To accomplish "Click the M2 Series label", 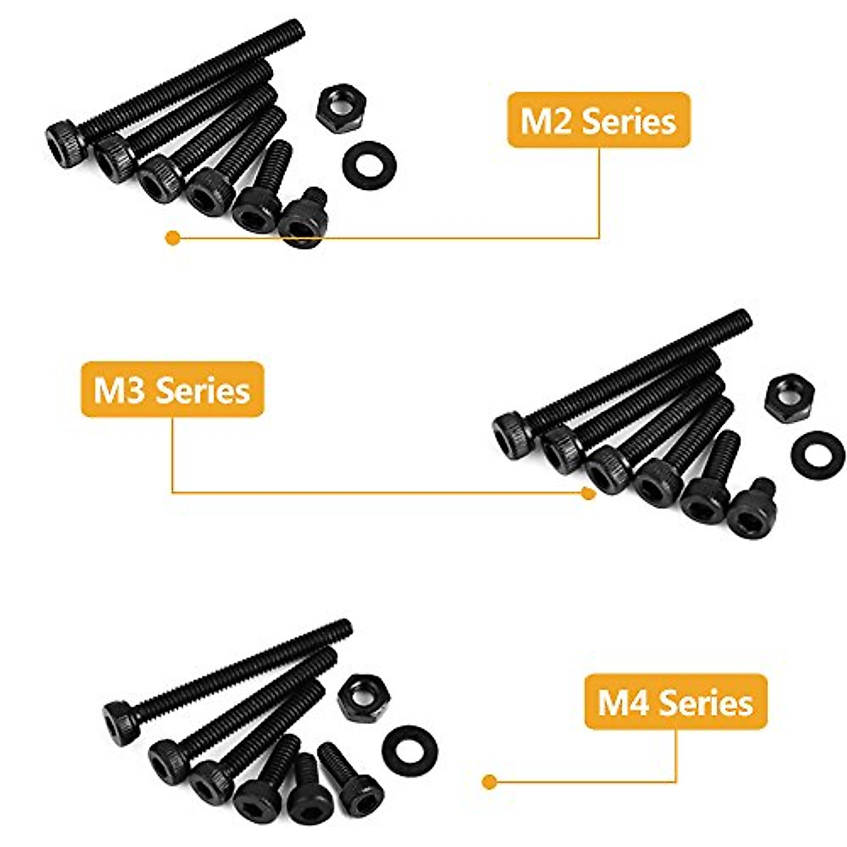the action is tap(598, 121).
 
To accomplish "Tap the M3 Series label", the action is tap(172, 390).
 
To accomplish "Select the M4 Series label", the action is tap(675, 704).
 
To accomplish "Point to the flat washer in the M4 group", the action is tap(409, 747).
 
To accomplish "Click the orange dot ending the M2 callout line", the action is tap(171, 239).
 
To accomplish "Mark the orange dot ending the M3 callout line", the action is tap(587, 493).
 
